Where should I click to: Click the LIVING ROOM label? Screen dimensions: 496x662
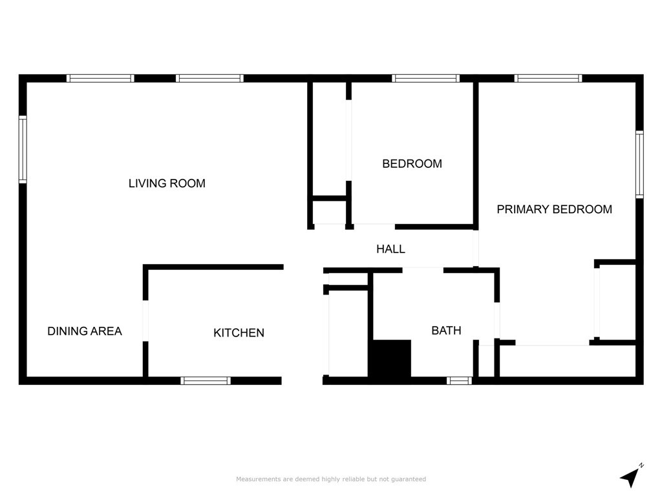click(x=167, y=183)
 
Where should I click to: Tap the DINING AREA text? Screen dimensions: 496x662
click(x=85, y=331)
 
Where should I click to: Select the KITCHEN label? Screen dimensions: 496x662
click(x=239, y=333)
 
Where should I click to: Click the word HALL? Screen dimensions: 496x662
click(x=390, y=249)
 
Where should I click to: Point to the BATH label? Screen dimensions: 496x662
click(x=446, y=331)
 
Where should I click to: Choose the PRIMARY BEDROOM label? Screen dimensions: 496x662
click(x=554, y=209)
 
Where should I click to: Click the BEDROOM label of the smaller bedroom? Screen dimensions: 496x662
click(x=412, y=164)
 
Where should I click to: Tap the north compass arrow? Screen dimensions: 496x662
click(x=631, y=476)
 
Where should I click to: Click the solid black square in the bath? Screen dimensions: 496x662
click(x=390, y=358)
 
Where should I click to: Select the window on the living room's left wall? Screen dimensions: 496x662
click(x=23, y=149)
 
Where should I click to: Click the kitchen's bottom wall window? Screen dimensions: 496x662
click(x=206, y=380)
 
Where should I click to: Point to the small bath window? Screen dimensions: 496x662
click(x=460, y=380)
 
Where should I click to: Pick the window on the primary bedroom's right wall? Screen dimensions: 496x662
click(x=639, y=164)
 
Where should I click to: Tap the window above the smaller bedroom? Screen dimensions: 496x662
click(x=426, y=78)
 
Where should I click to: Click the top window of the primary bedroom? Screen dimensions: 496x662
click(x=548, y=78)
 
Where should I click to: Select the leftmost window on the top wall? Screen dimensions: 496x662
click(x=100, y=78)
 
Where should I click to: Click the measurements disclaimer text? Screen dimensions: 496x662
click(x=331, y=479)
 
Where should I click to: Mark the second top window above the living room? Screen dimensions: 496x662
click(x=209, y=78)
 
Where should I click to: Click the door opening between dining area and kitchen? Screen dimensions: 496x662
click(x=145, y=320)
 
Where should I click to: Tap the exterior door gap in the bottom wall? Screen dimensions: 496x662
click(x=302, y=380)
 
